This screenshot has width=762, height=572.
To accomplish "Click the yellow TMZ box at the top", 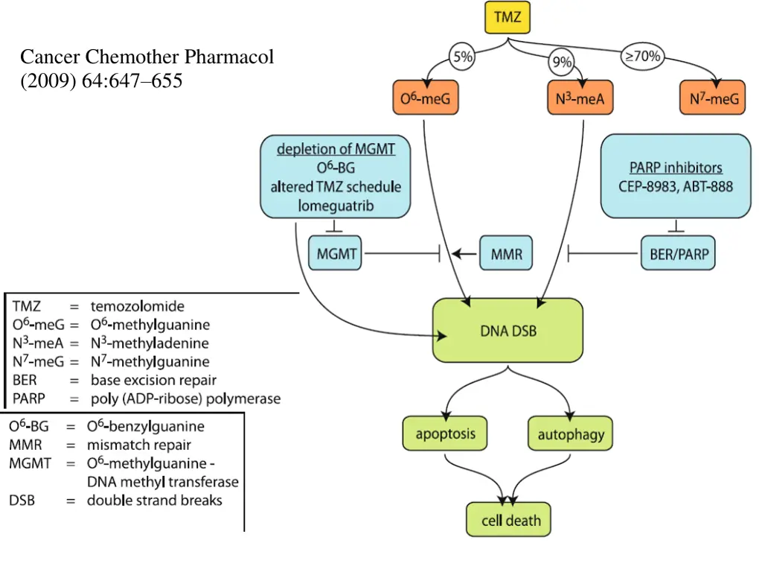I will (508, 18).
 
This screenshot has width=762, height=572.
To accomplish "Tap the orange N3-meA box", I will (580, 98).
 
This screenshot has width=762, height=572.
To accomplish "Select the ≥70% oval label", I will (644, 57).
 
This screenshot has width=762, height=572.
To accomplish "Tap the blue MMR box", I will (506, 254).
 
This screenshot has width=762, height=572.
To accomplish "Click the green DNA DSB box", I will (508, 331).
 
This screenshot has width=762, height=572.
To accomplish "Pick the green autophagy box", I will (571, 433).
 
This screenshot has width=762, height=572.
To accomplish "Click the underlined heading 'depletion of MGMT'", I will (336, 149).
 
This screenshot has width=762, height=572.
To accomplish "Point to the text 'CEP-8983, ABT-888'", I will (676, 186).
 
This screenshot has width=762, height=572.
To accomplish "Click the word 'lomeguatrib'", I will (336, 206).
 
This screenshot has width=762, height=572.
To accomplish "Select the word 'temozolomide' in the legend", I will (137, 306).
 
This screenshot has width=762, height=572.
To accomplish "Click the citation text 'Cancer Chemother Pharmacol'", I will (147, 57).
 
